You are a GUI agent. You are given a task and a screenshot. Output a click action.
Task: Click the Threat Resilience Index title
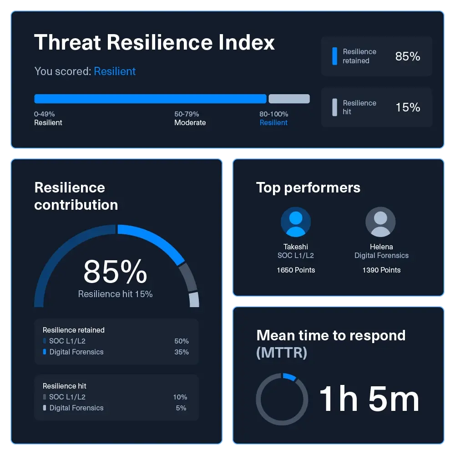click(x=155, y=42)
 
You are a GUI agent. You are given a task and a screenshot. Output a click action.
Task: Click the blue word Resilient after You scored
click(x=115, y=71)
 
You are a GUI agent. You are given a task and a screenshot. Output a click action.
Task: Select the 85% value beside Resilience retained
click(x=408, y=56)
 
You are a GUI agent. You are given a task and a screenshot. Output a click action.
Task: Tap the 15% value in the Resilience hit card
click(x=408, y=107)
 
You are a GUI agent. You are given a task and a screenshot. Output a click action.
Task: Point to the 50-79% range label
click(x=187, y=114)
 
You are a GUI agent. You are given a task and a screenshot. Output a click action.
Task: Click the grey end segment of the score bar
click(x=289, y=99)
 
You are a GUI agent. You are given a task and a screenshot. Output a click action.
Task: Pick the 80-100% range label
click(x=274, y=114)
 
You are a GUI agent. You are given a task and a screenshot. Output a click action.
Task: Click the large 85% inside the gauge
click(x=115, y=272)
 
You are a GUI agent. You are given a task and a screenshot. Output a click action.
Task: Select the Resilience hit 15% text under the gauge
click(x=115, y=294)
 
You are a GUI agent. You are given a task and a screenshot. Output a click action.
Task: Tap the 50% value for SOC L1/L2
click(x=182, y=341)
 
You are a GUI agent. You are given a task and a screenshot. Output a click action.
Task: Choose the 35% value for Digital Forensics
click(x=182, y=352)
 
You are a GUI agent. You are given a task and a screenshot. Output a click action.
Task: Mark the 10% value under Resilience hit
click(x=180, y=397)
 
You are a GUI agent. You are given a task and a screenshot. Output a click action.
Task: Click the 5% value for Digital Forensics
click(x=181, y=408)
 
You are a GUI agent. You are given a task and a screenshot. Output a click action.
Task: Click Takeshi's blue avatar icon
click(x=296, y=222)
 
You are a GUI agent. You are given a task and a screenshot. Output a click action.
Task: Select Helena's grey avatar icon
click(x=380, y=222)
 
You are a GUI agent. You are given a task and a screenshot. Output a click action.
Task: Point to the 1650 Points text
click(x=296, y=270)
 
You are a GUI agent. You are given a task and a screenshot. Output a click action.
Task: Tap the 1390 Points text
click(x=381, y=270)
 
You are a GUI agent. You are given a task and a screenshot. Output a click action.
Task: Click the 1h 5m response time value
click(x=369, y=399)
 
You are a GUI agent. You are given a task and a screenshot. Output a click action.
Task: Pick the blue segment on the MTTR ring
click(x=290, y=376)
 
